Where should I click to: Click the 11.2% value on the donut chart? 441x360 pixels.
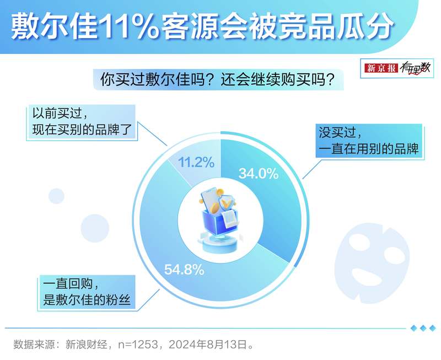point(196,162)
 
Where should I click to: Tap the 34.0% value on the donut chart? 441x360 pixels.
point(259,173)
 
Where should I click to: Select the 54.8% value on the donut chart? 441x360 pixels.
point(184,270)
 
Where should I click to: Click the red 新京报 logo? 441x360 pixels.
point(381,68)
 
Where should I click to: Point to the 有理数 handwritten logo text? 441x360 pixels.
point(415,68)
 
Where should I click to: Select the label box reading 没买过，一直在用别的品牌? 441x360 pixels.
point(369,141)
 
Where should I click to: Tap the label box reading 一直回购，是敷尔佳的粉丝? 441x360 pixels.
point(87,292)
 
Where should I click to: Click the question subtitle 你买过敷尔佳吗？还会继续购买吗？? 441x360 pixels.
point(218,80)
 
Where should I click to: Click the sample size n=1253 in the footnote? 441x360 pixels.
point(138,344)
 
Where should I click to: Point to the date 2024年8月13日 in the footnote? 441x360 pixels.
point(208,344)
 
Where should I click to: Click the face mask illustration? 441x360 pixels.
point(372,263)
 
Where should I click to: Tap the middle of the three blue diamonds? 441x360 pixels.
point(423,328)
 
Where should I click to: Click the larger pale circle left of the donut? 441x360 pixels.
point(95,228)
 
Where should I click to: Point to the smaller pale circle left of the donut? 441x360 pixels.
point(56,196)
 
